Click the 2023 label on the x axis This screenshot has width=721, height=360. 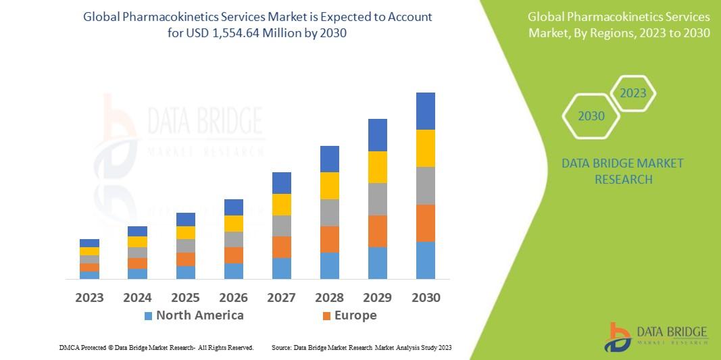pos(89,297)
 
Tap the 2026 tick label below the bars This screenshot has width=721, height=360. pos(233,297)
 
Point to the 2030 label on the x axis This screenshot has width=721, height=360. pos(426,297)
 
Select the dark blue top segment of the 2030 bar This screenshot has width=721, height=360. pos(425,111)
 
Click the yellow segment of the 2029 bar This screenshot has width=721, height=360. pos(377,167)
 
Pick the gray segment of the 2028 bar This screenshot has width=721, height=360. pos(329,212)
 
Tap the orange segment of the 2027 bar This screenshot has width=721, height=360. pos(281,247)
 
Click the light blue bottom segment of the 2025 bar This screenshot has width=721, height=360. pos(185,272)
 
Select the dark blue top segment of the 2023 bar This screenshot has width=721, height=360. pos(89,243)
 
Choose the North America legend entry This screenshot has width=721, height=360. pos(199,315)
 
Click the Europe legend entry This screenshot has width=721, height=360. pos(355,315)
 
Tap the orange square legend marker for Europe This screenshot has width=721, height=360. pos(327,316)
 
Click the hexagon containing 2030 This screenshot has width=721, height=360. pos(591,116)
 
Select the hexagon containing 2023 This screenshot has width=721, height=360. pos(633,93)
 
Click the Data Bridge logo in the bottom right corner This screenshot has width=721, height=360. pos(656,336)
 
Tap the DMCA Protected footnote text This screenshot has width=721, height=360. pos(156,347)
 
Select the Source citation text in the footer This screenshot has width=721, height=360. pos(361,347)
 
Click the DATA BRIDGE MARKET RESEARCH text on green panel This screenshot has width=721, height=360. pos(622,172)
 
